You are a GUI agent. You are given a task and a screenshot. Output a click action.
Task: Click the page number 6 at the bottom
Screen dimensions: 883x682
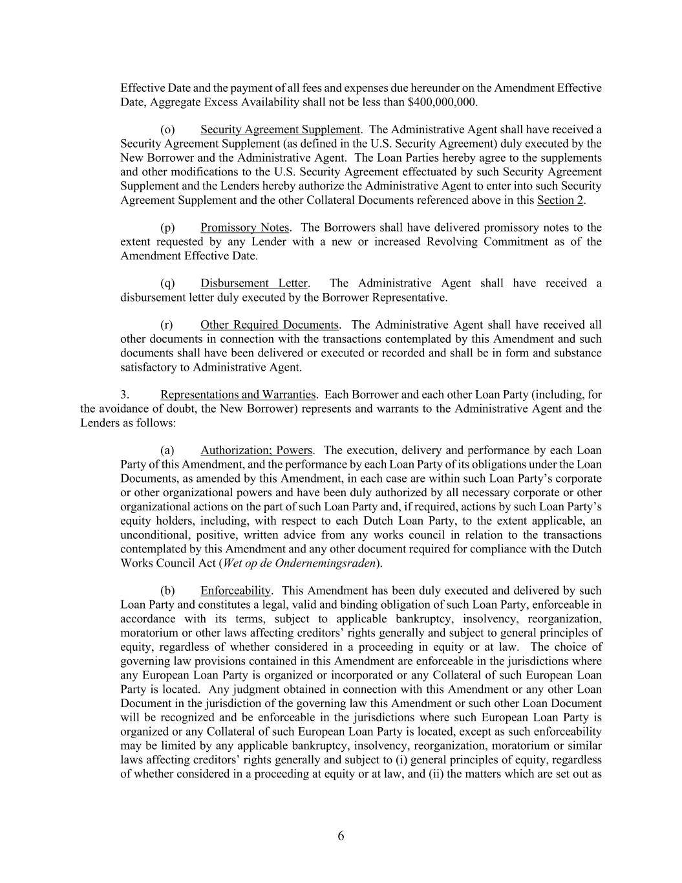tap(341, 836)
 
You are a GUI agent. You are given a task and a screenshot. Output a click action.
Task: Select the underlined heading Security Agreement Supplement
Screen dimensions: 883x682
tap(280, 129)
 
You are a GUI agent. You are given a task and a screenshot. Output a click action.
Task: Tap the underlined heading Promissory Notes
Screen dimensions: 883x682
tap(244, 228)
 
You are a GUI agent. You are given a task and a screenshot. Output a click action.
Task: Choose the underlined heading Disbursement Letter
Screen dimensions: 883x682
tap(254, 283)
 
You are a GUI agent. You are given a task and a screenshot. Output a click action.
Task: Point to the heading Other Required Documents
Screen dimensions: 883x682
tap(270, 325)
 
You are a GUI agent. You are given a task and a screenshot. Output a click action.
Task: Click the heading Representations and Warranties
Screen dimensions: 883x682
tap(238, 395)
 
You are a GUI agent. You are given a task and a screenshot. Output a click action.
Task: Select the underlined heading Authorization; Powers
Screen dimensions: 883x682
tap(257, 450)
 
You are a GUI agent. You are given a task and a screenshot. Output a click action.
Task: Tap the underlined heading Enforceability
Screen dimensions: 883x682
tap(235, 591)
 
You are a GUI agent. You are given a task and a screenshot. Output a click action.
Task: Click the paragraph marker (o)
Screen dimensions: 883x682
tap(167, 129)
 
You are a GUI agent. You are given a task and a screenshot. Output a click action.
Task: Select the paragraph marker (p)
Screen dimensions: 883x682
tap(167, 228)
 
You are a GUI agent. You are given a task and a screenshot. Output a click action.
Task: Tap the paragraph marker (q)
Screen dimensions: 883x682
tap(167, 283)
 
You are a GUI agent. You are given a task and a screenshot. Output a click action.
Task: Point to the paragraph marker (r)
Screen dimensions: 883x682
tap(167, 325)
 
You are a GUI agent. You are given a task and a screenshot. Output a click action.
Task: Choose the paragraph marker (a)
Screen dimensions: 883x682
tap(167, 450)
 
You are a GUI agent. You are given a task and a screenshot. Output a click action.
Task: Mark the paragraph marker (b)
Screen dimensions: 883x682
tap(167, 591)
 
